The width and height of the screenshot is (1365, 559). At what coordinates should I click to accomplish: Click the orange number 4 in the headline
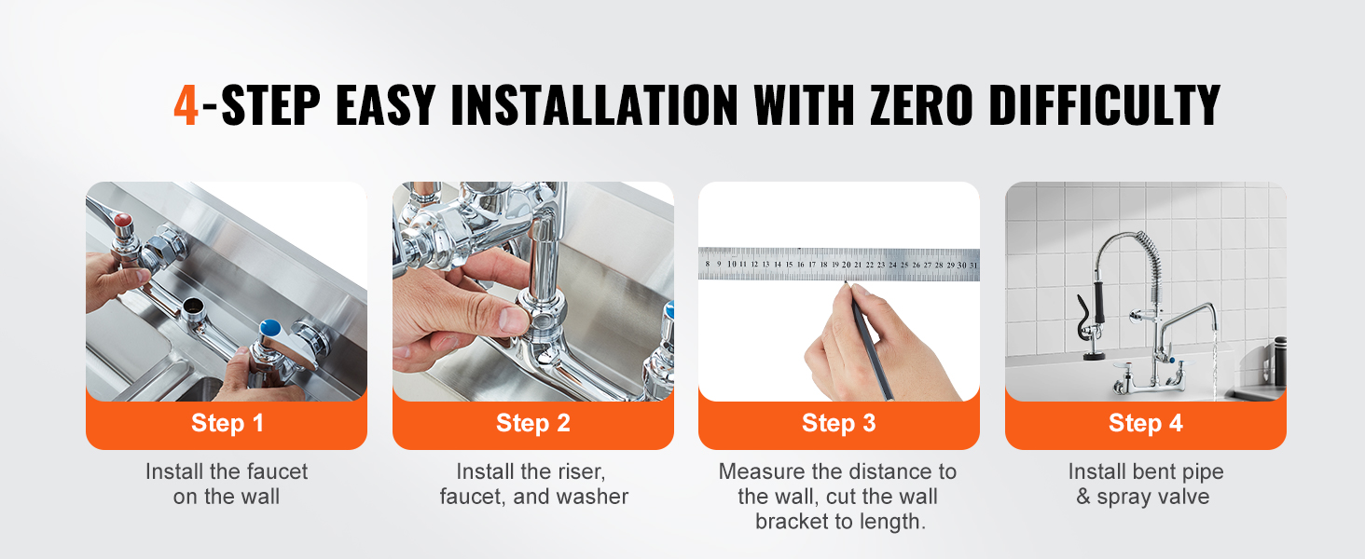pyautogui.click(x=186, y=104)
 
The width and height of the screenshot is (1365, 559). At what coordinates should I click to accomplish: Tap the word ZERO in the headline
pyautogui.click(x=922, y=104)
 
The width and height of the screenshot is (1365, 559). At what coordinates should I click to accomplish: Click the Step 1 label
pyautogui.click(x=227, y=423)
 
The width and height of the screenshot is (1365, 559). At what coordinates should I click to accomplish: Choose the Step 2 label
pyautogui.click(x=533, y=423)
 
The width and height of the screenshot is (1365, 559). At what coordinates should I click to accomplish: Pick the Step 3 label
pyautogui.click(x=839, y=423)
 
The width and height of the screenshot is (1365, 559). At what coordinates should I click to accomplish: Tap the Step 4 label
pyautogui.click(x=1146, y=423)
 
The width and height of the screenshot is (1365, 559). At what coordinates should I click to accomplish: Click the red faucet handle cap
pyautogui.click(x=123, y=221)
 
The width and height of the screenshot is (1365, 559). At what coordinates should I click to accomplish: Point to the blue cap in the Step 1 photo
pyautogui.click(x=269, y=328)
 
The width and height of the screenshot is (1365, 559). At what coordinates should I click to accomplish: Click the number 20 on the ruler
pyautogui.click(x=847, y=265)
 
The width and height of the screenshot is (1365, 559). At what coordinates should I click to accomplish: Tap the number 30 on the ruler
pyautogui.click(x=961, y=265)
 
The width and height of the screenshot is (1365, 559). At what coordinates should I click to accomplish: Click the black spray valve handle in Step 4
pyautogui.click(x=1098, y=302)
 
